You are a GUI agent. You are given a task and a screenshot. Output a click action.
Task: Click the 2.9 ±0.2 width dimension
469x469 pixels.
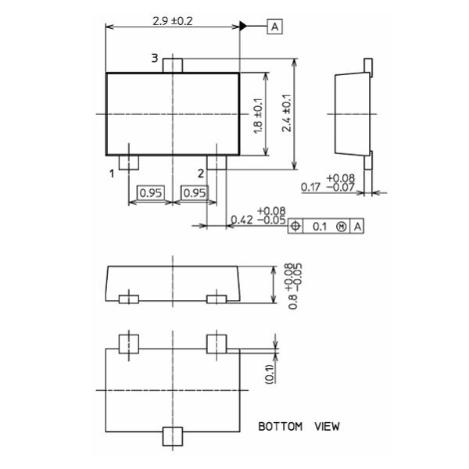[x=173, y=20]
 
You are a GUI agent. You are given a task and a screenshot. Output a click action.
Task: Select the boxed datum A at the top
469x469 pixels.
[x=274, y=27]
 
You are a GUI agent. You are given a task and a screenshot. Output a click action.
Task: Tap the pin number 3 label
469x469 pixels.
[x=155, y=59]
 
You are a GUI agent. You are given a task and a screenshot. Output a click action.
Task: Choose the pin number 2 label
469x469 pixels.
[x=201, y=173]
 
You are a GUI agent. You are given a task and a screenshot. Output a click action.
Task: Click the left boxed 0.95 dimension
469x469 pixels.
[x=150, y=193]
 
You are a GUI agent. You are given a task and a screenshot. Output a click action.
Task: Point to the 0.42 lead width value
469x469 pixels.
[x=242, y=220]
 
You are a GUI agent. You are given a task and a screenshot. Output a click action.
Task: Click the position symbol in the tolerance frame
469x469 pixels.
[x=295, y=226]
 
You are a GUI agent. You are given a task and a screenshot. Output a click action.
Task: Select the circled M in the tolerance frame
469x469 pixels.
[x=341, y=226]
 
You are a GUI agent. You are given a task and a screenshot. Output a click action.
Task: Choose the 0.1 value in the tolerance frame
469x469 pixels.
[x=320, y=226]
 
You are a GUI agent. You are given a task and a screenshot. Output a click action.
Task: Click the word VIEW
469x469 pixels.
[x=327, y=427]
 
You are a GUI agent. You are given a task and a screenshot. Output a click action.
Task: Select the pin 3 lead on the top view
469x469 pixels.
[x=173, y=65]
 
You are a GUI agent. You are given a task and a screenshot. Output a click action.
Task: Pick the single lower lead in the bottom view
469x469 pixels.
[x=172, y=436]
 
